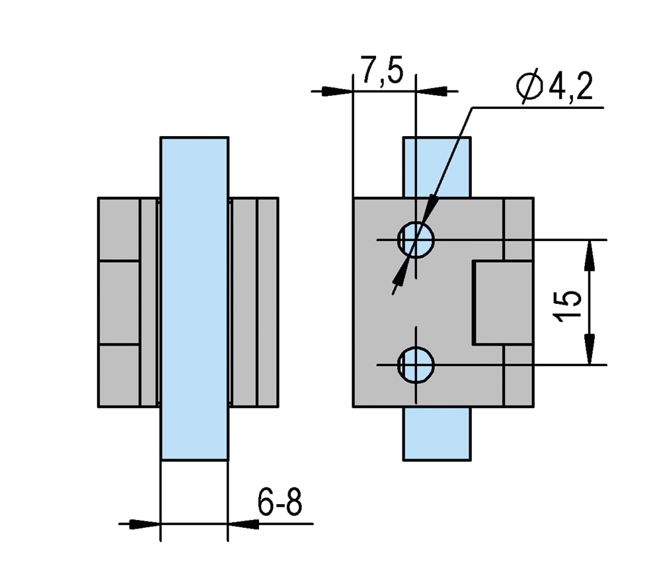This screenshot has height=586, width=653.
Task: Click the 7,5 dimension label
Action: click(x=381, y=70)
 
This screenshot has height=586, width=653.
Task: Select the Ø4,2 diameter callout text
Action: click(x=555, y=87)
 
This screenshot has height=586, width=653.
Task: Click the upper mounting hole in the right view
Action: click(x=416, y=238)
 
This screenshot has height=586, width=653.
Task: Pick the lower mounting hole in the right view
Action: click(x=416, y=364)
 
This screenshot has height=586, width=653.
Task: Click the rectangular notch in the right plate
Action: click(x=502, y=303)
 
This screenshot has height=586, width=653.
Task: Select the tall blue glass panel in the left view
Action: click(x=194, y=297)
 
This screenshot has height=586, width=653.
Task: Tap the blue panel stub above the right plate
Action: click(x=437, y=166)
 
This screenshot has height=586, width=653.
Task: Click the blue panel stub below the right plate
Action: click(x=437, y=433)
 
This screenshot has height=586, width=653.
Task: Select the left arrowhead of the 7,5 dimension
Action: click(x=338, y=91)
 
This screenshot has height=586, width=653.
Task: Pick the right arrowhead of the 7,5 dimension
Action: click(x=431, y=91)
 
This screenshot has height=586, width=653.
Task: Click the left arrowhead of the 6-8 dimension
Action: click(x=146, y=524)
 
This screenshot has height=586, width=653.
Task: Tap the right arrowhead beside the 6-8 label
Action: click(x=243, y=524)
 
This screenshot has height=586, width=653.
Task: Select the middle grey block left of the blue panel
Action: click(x=119, y=303)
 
